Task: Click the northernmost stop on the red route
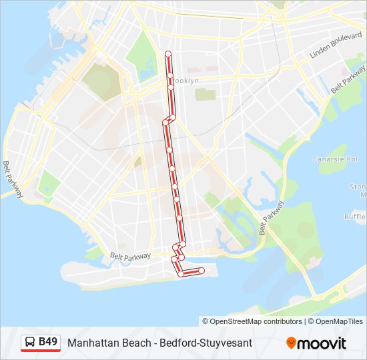click(x=168, y=53)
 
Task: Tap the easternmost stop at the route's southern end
click(x=202, y=270)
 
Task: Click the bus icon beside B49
click(x=30, y=343)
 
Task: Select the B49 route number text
click(x=48, y=342)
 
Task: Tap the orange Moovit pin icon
click(x=291, y=343)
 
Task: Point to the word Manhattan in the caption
click(x=90, y=343)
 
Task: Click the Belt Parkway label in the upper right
click(x=348, y=85)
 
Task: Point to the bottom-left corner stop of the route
click(x=181, y=273)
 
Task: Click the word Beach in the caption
click(x=131, y=343)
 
